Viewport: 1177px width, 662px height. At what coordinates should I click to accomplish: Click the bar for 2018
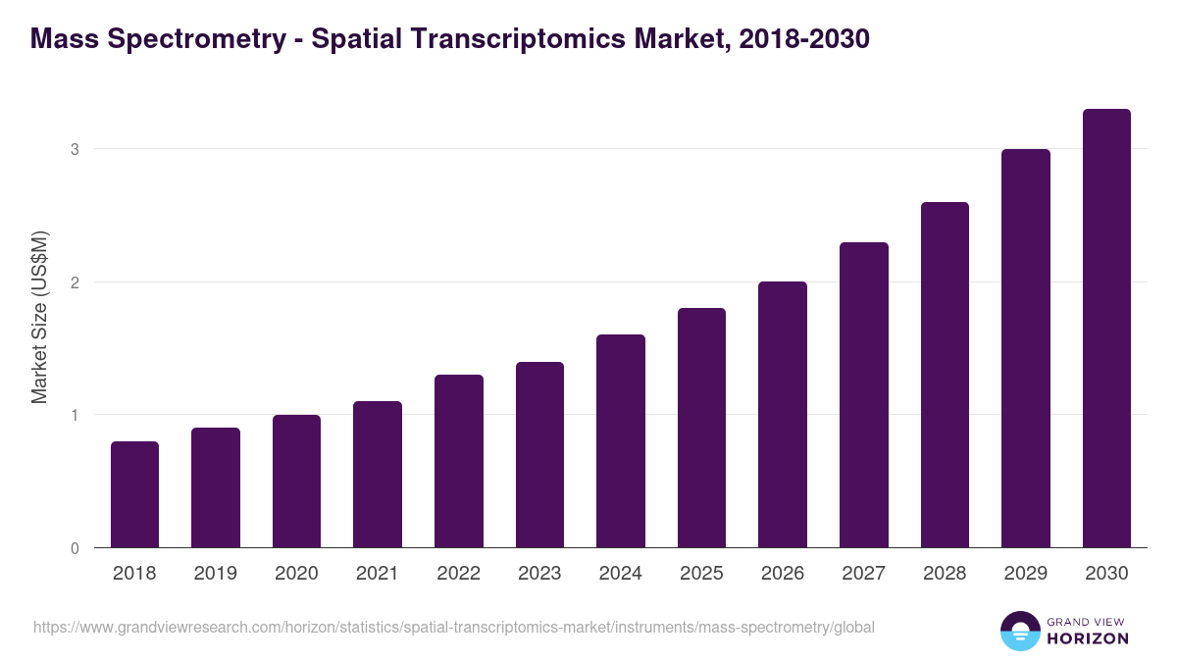click(x=134, y=494)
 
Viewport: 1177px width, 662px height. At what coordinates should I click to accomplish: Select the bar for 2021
click(x=378, y=475)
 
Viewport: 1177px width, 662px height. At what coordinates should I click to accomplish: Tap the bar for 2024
click(x=621, y=441)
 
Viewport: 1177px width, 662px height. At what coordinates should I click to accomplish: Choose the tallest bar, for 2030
click(x=1106, y=329)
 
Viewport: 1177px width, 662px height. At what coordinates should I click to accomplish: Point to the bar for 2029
click(x=1026, y=348)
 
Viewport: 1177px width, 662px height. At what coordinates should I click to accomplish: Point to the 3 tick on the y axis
click(x=74, y=149)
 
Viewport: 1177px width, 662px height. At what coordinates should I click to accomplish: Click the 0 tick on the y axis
click(x=74, y=548)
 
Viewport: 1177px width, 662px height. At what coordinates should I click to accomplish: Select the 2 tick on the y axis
click(x=74, y=282)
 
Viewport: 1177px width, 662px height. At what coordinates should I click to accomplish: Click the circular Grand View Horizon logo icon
click(x=1020, y=631)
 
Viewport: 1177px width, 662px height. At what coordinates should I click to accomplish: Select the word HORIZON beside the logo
click(x=1089, y=638)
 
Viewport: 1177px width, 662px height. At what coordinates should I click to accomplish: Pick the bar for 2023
click(x=539, y=455)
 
